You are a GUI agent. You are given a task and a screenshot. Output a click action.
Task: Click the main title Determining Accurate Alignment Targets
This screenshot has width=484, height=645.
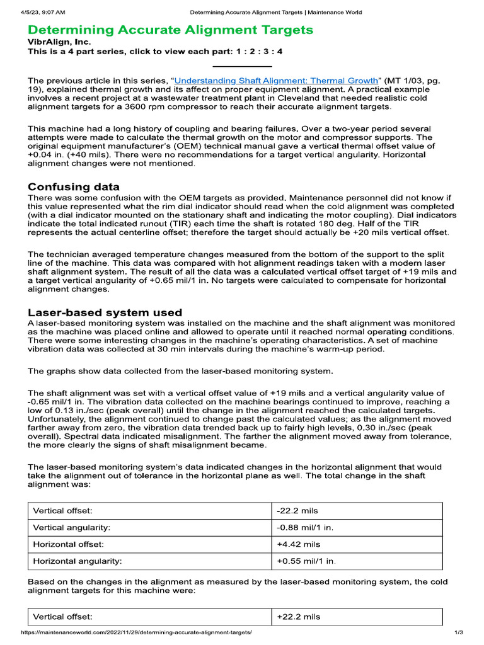click(x=170, y=30)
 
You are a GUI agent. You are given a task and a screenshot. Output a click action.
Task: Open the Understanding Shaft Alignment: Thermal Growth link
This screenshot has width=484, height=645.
click(x=276, y=81)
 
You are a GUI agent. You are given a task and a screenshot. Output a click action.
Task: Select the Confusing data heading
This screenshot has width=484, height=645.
click(x=74, y=186)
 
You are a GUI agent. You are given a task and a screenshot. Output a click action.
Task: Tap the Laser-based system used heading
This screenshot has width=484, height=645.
click(x=105, y=312)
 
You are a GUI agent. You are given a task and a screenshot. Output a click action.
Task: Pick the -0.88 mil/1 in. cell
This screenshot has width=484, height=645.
click(x=305, y=527)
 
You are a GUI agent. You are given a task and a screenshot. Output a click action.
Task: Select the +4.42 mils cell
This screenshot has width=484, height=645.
click(x=299, y=544)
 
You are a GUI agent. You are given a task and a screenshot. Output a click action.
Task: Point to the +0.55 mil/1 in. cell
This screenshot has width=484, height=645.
click(x=306, y=560)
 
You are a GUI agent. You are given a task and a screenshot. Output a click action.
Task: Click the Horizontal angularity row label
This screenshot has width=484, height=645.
click(x=78, y=560)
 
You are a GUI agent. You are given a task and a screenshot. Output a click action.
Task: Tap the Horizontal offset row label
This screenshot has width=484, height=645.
click(x=68, y=544)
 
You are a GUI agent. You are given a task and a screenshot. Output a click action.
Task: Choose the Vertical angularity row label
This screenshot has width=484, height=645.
click(x=71, y=527)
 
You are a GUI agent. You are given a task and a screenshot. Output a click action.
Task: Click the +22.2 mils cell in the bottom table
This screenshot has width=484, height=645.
click(x=299, y=617)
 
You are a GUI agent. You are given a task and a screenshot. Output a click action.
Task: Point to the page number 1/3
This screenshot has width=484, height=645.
click(x=459, y=632)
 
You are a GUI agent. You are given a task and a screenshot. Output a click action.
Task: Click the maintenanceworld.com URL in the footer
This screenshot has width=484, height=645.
click(x=136, y=632)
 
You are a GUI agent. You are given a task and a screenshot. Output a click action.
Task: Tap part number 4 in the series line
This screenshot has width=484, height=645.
click(x=280, y=52)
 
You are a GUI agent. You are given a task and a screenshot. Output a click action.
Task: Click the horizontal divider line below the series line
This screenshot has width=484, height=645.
click(x=242, y=66)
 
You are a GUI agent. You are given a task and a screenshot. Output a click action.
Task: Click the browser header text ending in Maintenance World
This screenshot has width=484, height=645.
click(x=276, y=12)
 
